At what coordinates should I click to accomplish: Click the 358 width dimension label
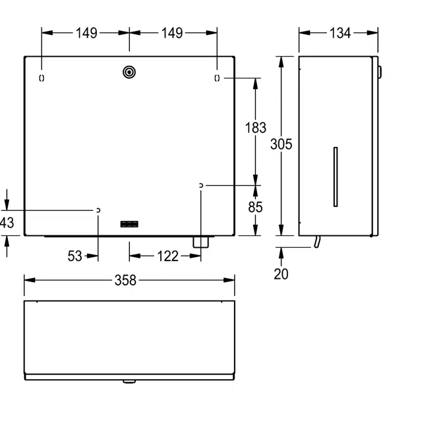tap(125, 280)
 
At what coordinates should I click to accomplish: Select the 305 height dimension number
tap(281, 144)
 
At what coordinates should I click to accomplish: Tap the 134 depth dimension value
tap(340, 33)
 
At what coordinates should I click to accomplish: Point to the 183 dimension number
tap(255, 128)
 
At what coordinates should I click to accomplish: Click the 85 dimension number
tap(255, 207)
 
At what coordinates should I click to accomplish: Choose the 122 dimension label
tap(167, 256)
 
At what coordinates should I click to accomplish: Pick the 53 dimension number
tap(75, 256)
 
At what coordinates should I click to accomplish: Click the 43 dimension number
tap(7, 223)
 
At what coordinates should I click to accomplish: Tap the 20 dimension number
tap(281, 274)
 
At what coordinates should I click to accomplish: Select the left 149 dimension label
tap(86, 33)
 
